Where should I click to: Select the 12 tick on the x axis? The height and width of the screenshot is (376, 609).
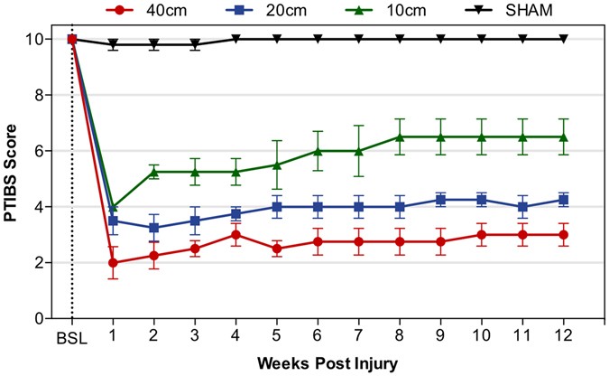pyautogui.click(x=564, y=336)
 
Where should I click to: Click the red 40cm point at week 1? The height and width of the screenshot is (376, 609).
pyautogui.click(x=113, y=263)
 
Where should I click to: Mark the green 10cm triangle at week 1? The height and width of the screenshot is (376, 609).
pyautogui.click(x=113, y=207)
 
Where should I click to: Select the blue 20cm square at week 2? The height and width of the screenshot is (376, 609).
pyautogui.click(x=154, y=228)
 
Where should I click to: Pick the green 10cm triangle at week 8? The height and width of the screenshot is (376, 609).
pyautogui.click(x=400, y=136)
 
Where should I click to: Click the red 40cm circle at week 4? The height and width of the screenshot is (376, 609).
pyautogui.click(x=235, y=235)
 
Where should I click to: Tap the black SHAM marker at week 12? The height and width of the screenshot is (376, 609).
pyautogui.click(x=564, y=39)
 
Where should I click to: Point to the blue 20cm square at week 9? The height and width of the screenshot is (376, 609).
pyautogui.click(x=441, y=200)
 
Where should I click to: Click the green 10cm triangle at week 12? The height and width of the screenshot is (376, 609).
pyautogui.click(x=564, y=136)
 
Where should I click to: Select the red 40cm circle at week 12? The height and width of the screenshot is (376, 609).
pyautogui.click(x=564, y=235)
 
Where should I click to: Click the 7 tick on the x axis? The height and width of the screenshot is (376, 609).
pyautogui.click(x=359, y=336)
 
